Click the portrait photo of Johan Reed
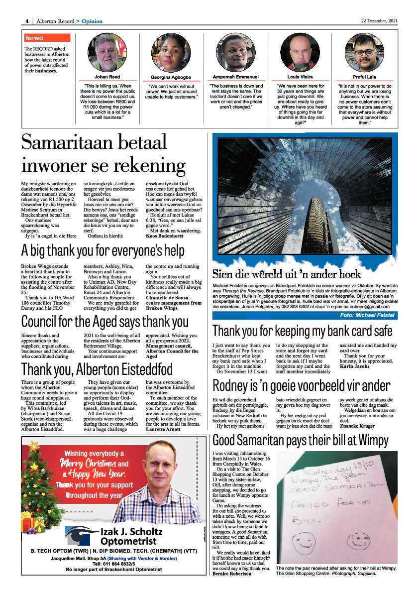pos(107,52)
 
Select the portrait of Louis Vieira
pos(300,52)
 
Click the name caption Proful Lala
pos(364,77)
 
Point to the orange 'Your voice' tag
pos(47,38)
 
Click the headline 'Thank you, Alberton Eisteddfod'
pos(97,369)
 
